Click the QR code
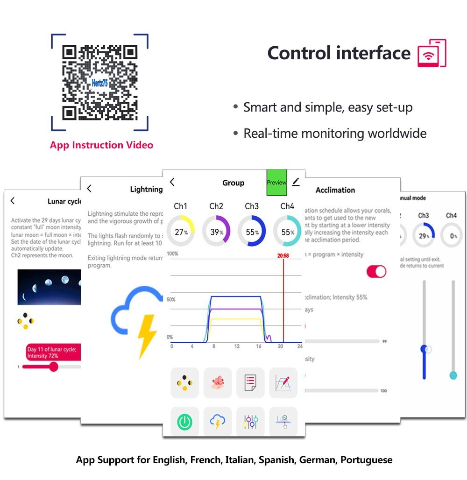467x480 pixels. (x=99, y=82)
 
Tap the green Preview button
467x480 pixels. (x=276, y=183)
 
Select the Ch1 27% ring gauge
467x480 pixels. (x=181, y=231)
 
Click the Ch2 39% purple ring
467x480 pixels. (x=216, y=231)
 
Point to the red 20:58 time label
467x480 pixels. (x=283, y=255)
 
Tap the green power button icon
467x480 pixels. (x=185, y=422)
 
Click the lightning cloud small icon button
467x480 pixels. (x=218, y=422)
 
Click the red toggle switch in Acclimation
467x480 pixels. (x=376, y=271)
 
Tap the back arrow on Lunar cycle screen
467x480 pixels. (x=13, y=201)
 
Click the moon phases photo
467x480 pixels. (x=49, y=287)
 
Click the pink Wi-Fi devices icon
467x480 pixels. (x=432, y=53)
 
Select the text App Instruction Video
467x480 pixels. (x=101, y=145)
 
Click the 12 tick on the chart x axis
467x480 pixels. (x=237, y=346)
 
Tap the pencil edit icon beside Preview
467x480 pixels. (x=296, y=182)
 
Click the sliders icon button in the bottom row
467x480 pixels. (x=250, y=422)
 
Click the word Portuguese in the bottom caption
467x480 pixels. (x=366, y=460)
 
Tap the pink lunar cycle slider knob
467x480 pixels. (x=54, y=367)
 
